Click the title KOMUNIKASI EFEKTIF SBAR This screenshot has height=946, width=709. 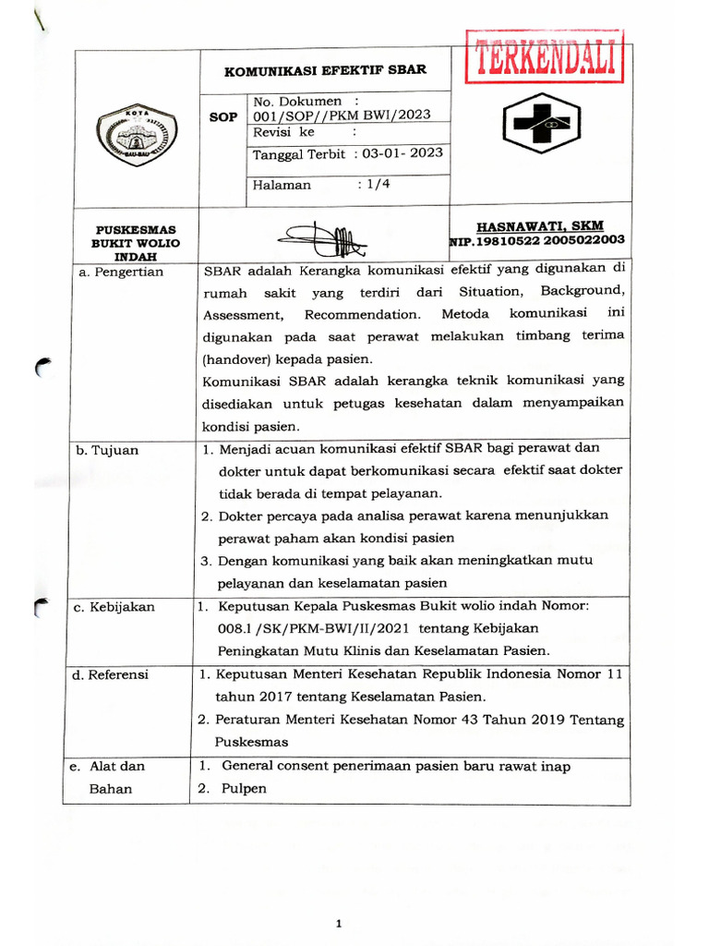tap(327, 69)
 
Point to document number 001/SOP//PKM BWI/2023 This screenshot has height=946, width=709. tap(342, 115)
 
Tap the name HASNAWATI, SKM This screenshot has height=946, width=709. tap(539, 224)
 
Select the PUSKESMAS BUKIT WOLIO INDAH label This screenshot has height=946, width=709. tap(137, 242)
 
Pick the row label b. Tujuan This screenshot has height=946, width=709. tap(107, 450)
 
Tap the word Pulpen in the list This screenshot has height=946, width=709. tap(244, 788)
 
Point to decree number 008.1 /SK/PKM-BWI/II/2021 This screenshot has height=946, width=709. tap(296, 628)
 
